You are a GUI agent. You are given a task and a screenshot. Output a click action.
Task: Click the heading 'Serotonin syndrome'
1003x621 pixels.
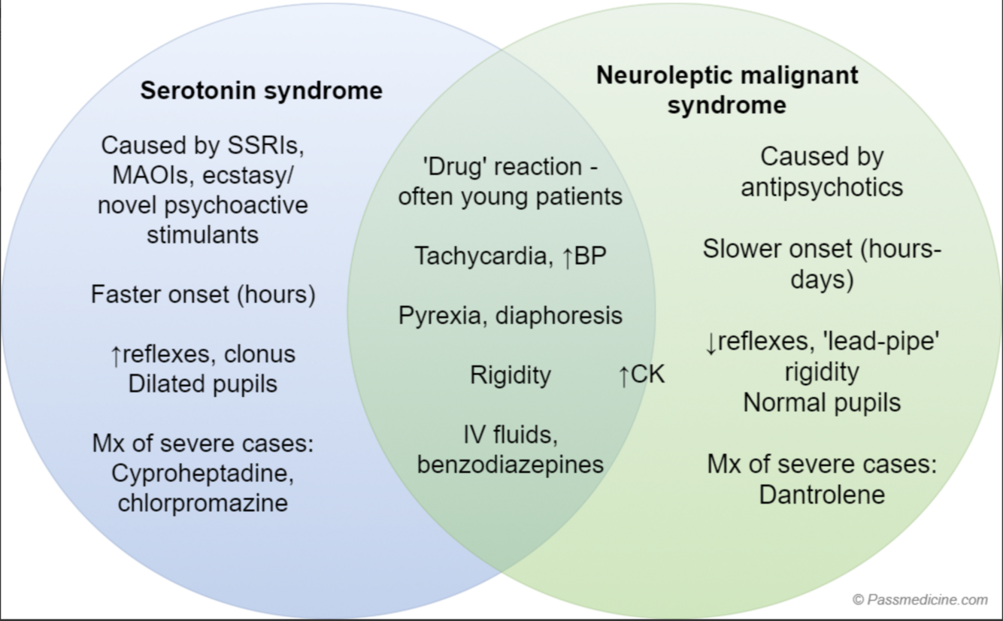[261, 91]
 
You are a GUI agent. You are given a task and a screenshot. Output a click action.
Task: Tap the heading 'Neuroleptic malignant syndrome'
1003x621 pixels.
[726, 89]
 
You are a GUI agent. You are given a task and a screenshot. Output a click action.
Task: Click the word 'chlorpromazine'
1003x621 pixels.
[202, 502]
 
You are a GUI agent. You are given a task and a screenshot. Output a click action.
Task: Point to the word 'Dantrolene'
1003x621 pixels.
[821, 494]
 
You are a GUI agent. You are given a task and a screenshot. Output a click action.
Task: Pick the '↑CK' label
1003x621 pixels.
[641, 374]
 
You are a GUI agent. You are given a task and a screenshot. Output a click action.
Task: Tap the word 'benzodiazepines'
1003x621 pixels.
[511, 464]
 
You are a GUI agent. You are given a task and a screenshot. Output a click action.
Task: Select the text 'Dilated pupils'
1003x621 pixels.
[202, 383]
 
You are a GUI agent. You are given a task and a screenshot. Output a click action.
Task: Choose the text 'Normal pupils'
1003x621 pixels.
[821, 402]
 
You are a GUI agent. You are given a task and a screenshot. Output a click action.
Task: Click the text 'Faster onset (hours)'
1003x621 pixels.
[203, 294]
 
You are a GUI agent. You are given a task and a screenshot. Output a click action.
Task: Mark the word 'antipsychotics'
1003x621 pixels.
[821, 186]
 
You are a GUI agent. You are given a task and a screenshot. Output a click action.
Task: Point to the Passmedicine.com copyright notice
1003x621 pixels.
[920, 599]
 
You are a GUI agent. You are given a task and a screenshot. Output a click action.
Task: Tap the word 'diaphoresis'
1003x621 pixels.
[558, 315]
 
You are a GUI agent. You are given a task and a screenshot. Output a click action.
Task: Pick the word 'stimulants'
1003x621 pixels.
[202, 235]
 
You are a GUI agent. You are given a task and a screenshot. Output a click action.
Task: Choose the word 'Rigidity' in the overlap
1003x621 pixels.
[511, 374]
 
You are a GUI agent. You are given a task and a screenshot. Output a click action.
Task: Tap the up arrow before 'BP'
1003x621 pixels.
[568, 256]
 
